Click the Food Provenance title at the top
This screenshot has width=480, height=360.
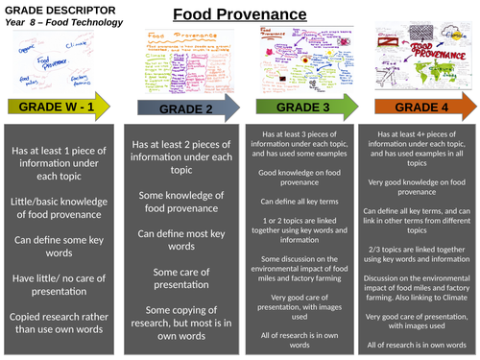238,13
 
